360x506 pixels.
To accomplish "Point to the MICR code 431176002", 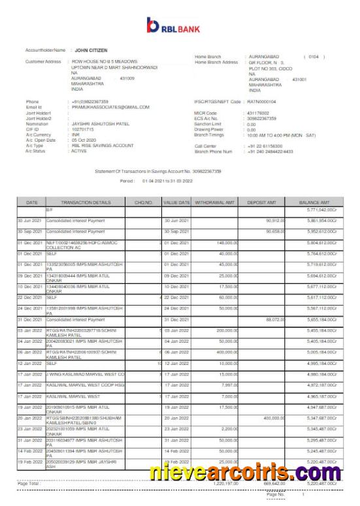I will [x=259, y=113].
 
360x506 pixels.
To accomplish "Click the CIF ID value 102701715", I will [x=86, y=129].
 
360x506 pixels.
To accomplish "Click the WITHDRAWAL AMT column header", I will [x=216, y=202].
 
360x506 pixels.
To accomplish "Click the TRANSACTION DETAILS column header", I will [x=87, y=202].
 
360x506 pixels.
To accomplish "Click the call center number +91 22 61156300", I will [x=265, y=146].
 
